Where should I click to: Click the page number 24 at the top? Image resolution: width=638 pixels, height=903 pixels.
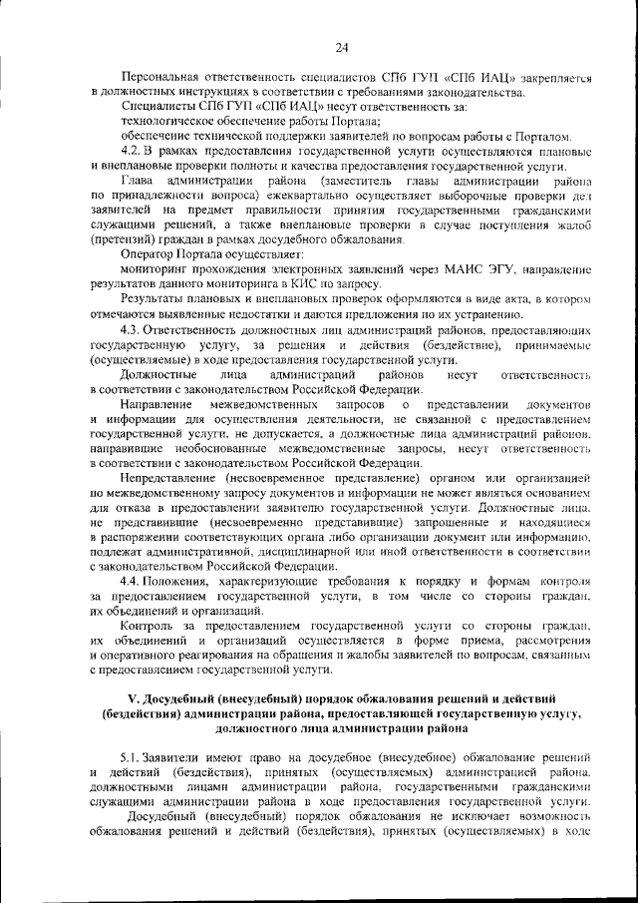pos(341,47)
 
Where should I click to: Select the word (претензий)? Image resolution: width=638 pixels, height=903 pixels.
pos(122,239)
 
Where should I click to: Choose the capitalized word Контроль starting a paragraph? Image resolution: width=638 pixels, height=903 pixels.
pos(149,626)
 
